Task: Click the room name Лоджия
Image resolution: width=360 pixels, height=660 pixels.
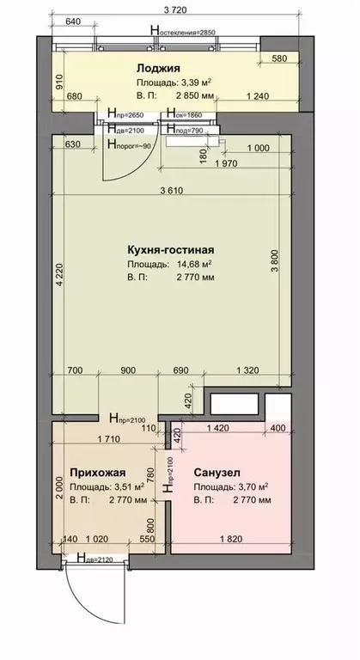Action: tap(156, 67)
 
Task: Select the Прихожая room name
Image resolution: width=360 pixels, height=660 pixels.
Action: tap(98, 472)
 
